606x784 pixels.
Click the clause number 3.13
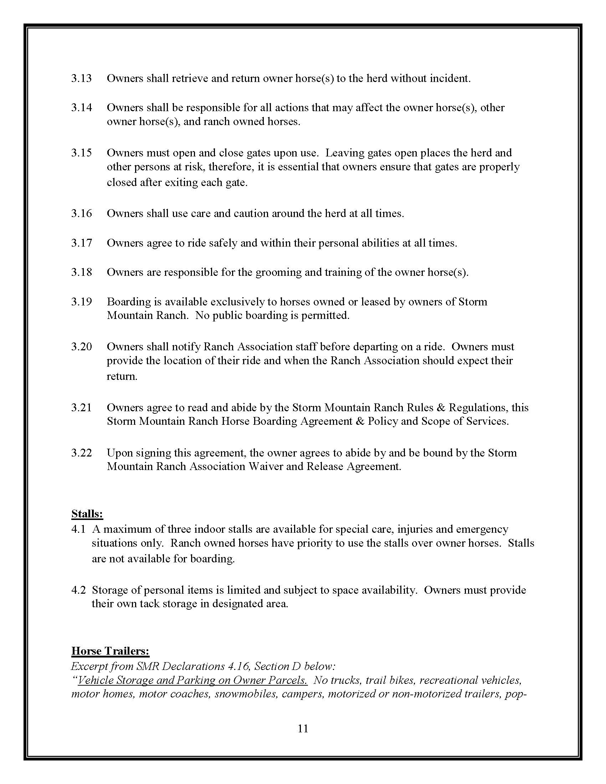pyautogui.click(x=81, y=78)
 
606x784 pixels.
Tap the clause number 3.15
pyautogui.click(x=81, y=153)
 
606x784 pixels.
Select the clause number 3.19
pyautogui.click(x=81, y=301)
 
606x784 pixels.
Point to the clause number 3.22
pyautogui.click(x=81, y=453)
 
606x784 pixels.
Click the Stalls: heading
pyautogui.click(x=87, y=514)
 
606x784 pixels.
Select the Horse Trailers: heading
pyautogui.click(x=110, y=651)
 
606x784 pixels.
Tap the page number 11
pyautogui.click(x=303, y=728)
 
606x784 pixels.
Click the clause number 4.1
pyautogui.click(x=78, y=529)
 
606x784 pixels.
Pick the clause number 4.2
pyautogui.click(x=78, y=590)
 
